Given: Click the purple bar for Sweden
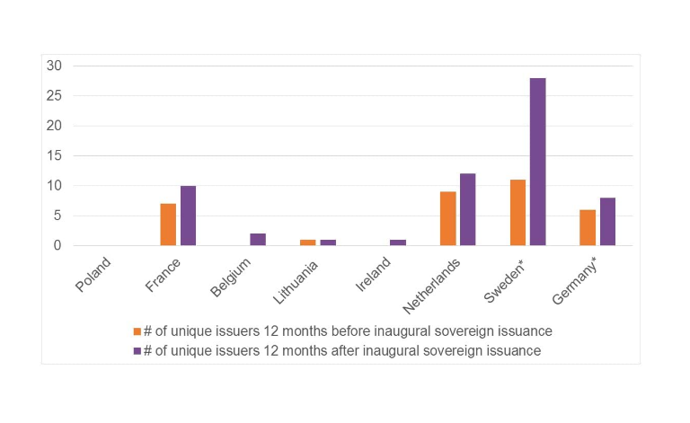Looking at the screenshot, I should (x=537, y=162).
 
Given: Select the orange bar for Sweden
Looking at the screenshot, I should (x=517, y=213).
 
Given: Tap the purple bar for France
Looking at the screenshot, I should (x=188, y=216).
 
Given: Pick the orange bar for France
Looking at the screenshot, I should (x=168, y=225).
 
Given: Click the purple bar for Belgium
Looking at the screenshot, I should (x=258, y=240).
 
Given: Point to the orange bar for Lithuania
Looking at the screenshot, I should (x=308, y=242).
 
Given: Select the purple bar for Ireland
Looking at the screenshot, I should (x=398, y=242).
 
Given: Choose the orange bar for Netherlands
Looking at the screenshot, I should (x=447, y=218).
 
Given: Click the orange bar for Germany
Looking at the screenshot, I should (x=588, y=227).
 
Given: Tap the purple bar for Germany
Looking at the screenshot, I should (x=607, y=222).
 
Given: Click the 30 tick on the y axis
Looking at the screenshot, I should (x=55, y=66).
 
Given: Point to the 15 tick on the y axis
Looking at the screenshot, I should (x=55, y=155).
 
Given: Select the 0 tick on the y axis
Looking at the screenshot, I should (x=57, y=245).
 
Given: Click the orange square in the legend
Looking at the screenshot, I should (x=137, y=331).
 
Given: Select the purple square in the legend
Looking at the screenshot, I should (x=137, y=351).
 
